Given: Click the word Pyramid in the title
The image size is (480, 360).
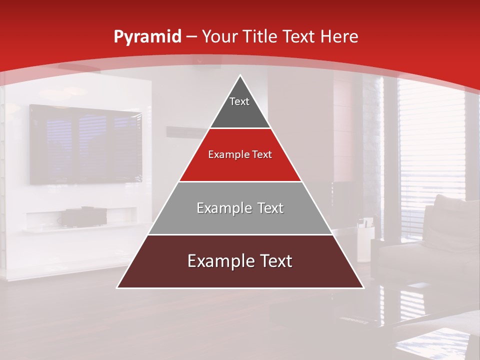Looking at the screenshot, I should [147, 37].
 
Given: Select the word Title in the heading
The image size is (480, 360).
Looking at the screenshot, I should [261, 36].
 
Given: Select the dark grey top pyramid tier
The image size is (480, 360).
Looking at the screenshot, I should [240, 112].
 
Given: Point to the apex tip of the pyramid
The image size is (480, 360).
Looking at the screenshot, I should [240, 75].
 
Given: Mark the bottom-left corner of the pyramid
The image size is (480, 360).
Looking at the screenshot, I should [117, 287].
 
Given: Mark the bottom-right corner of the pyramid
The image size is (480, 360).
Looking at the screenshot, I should [363, 287].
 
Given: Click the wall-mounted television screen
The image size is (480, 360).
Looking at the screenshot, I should [85, 144].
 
